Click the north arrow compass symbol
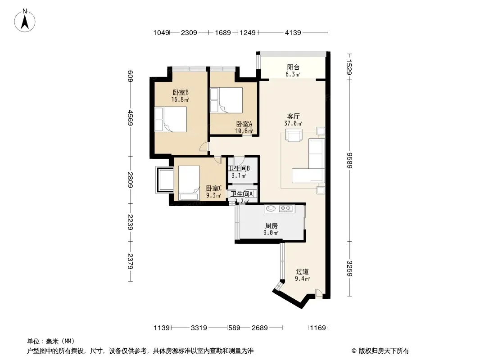(x=25, y=21)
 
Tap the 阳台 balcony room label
(x=293, y=67)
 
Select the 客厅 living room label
(x=293, y=116)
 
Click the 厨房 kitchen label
(x=271, y=226)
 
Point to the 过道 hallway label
(x=302, y=272)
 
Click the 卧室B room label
(x=180, y=92)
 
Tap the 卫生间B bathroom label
(x=239, y=169)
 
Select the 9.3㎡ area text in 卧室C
(x=213, y=195)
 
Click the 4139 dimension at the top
(x=293, y=32)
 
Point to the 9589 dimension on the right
(x=349, y=160)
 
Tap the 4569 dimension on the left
(x=130, y=118)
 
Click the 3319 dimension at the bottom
(x=199, y=328)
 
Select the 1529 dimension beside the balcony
(x=349, y=67)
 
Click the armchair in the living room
(x=294, y=135)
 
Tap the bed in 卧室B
(x=171, y=119)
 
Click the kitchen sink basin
(x=271, y=209)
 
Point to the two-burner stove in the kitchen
(x=285, y=209)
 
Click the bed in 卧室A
(x=226, y=100)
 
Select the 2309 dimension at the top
(x=189, y=32)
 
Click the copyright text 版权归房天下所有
(x=384, y=351)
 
